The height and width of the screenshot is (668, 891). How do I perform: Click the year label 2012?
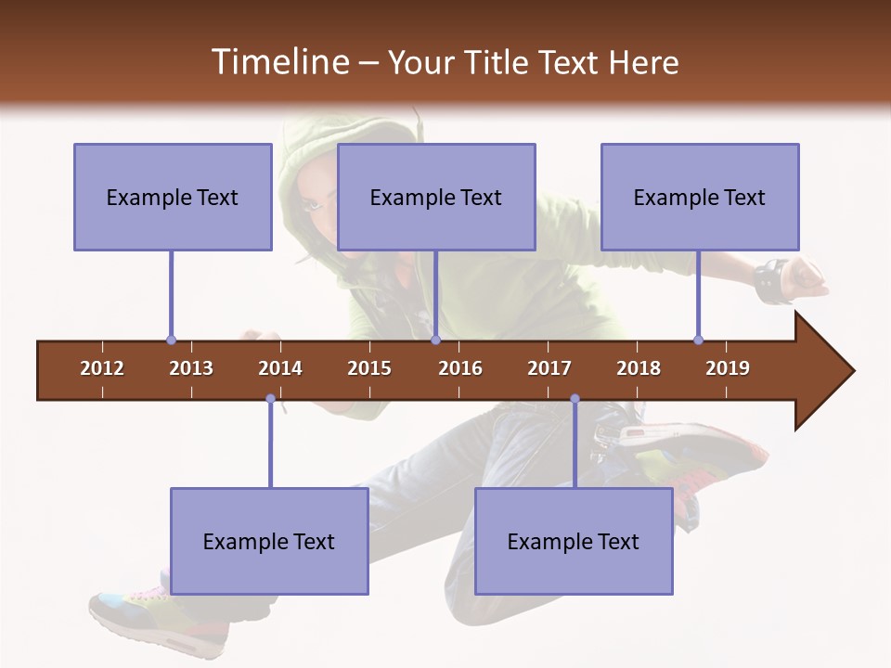102,368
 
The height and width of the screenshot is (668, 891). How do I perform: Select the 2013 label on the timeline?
191,368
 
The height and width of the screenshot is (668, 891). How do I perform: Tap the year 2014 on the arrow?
280,368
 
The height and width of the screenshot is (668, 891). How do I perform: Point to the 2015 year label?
369,368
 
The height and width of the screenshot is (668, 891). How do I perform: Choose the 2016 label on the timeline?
460,368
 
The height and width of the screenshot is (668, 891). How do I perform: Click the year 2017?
549,368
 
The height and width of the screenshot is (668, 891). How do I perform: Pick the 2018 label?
639,368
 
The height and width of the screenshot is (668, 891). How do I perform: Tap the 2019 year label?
728,368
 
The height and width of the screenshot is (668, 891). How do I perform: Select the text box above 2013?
173,197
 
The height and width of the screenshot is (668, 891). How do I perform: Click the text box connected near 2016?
436,197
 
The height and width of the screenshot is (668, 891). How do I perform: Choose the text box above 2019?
700,197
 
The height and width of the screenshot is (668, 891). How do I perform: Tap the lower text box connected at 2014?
269,541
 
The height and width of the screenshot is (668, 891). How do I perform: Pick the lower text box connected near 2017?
574,541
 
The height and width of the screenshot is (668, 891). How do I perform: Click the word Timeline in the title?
278,62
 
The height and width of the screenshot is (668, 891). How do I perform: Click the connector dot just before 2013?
171,340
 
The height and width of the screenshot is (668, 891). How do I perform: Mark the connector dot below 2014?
270,399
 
